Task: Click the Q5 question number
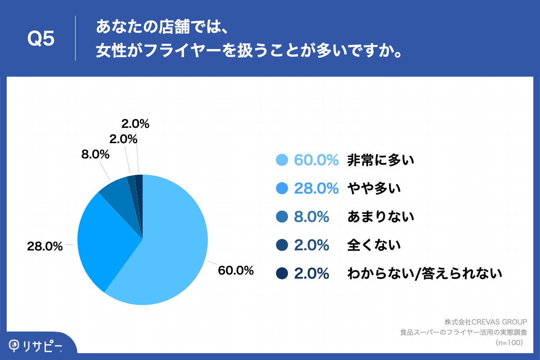tap(41, 39)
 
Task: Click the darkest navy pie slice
tap(139, 189)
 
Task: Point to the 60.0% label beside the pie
tap(235, 270)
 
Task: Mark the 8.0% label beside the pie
tap(95, 155)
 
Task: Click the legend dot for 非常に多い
tap(282, 160)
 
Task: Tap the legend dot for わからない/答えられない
tap(282, 273)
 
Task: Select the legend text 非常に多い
tap(380, 160)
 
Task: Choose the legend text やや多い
tap(373, 189)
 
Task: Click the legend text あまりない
tap(380, 217)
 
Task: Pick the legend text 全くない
tap(373, 245)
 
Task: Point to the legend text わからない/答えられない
tap(424, 273)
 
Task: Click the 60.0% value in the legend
tap(316, 160)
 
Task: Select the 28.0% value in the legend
tap(316, 189)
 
